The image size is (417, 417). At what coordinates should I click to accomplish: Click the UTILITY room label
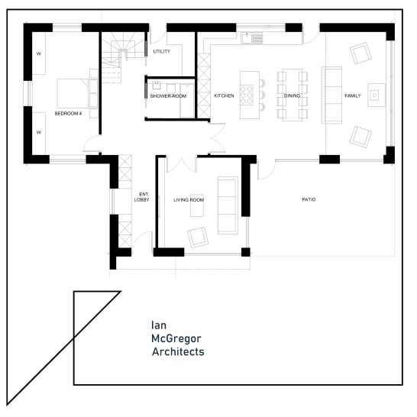coord(161,51)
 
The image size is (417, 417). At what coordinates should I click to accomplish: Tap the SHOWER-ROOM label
coord(168,96)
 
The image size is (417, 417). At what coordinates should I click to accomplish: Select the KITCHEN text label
coord(224,95)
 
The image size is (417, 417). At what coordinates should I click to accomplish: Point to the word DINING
coord(292,95)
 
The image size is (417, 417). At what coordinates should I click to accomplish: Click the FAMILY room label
coord(353,95)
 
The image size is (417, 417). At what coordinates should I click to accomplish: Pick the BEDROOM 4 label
coord(68,114)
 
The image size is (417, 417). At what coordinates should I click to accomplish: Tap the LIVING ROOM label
coord(189,200)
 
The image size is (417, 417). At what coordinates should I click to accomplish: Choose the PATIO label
coord(309,199)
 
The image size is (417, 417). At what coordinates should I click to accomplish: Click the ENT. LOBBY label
coord(142,197)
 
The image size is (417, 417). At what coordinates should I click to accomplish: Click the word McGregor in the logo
coord(176,338)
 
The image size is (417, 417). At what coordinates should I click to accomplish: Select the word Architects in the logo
coord(178,351)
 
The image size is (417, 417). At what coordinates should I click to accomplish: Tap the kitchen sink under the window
coord(251,38)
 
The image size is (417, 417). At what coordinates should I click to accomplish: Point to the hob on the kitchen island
coord(247,95)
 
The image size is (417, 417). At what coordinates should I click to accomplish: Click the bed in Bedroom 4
coord(73,93)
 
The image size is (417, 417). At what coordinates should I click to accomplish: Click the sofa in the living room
coord(228,205)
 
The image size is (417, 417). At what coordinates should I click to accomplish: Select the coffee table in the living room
coord(197,205)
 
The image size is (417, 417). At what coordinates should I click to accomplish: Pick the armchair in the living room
coord(198,238)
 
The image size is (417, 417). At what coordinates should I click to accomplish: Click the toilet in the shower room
coord(171,89)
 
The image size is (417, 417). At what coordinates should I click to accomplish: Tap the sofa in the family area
coord(331,95)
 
